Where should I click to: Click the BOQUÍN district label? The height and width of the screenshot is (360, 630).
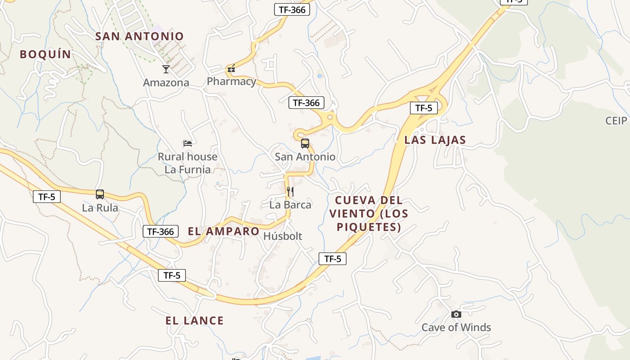pos(45,54)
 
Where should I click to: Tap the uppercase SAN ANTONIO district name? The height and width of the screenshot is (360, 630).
pos(139,36)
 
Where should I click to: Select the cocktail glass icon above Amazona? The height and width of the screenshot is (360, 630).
pos(166,69)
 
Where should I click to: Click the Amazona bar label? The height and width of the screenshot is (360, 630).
pos(166,83)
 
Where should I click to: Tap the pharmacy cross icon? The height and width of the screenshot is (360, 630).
pos(231,69)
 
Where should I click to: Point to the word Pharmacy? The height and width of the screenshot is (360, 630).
pos(231,81)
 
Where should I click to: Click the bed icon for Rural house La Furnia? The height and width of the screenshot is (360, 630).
pos(188,144)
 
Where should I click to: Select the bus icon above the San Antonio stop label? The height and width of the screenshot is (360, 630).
pos(305,144)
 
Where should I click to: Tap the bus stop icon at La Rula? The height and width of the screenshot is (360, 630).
pos(100,194)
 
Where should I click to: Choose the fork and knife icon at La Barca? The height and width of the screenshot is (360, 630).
pos(290,192)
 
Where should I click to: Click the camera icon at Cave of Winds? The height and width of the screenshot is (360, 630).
pos(456,314)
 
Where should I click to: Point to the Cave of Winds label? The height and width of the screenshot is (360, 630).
pos(456,327)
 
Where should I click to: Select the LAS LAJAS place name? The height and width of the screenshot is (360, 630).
pos(435,140)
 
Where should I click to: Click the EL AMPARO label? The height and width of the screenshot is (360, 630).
pos(223,232)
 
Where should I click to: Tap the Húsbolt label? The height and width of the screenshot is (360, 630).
pos(283,236)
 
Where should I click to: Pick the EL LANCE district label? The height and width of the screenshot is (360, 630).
pos(194,321)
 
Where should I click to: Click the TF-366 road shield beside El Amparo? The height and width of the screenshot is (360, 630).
pos(161,232)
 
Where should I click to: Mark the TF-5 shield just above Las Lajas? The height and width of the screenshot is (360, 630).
pos(423,108)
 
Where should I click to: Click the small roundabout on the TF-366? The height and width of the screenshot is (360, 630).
pos(330,117)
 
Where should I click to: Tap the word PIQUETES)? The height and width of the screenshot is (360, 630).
pos(369,227)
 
